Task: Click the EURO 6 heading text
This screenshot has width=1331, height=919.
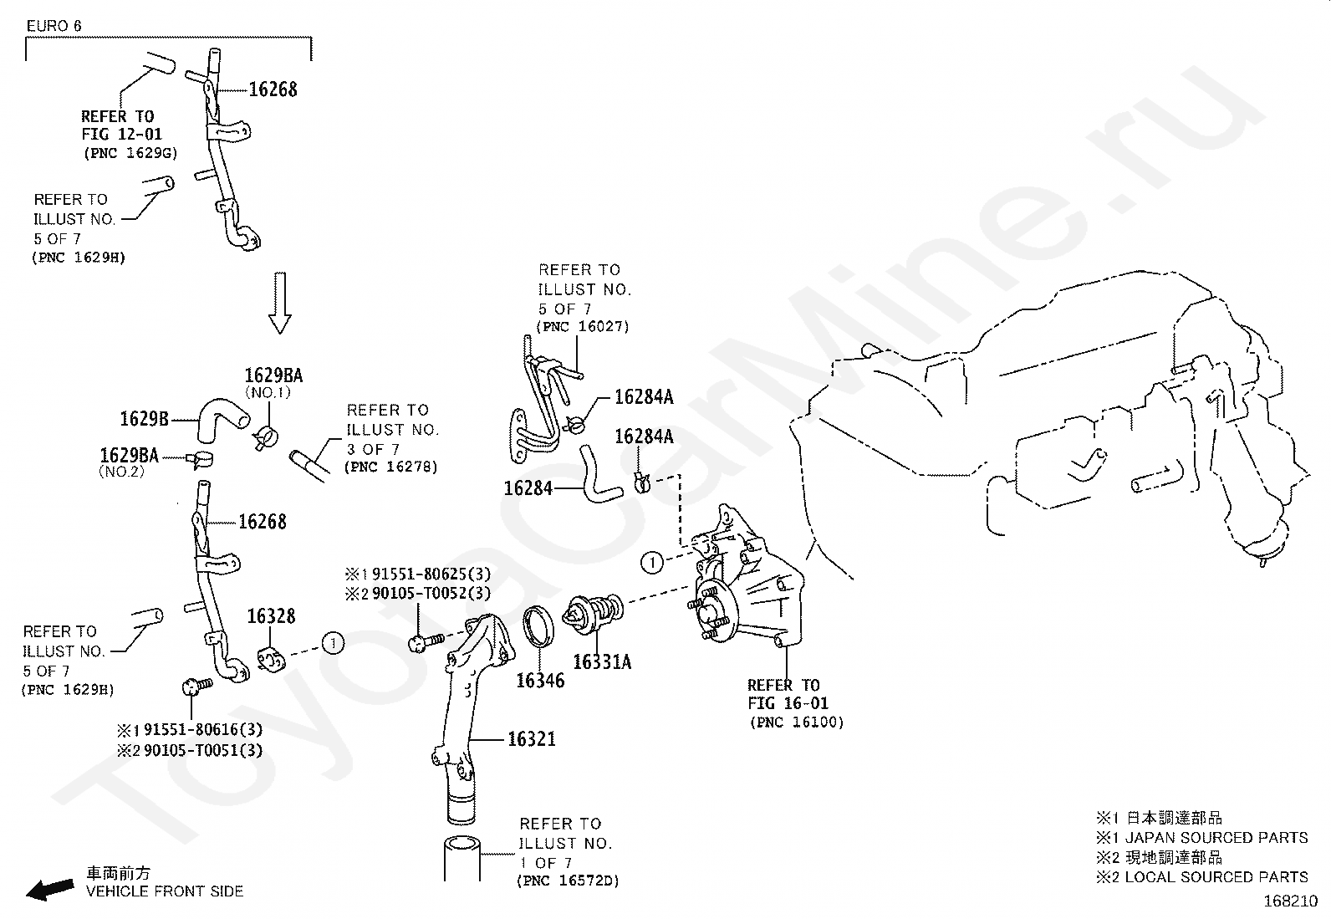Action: pyautogui.click(x=54, y=26)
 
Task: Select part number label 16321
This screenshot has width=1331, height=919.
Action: pyautogui.click(x=532, y=739)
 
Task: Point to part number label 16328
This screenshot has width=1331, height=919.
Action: pyautogui.click(x=271, y=615)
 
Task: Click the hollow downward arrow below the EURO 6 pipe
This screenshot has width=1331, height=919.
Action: pyautogui.click(x=280, y=303)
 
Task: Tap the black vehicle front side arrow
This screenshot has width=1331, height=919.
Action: pyautogui.click(x=50, y=889)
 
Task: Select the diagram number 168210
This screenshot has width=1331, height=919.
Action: pyautogui.click(x=1291, y=901)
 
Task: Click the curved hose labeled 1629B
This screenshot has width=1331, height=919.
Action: pyautogui.click(x=221, y=420)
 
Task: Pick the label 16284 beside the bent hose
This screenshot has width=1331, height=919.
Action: pyautogui.click(x=528, y=488)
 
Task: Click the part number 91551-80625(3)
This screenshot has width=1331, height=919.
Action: pyautogui.click(x=431, y=574)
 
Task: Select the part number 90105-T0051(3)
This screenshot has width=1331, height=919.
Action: pyautogui.click(x=203, y=750)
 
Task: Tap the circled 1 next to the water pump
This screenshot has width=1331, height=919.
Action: pyautogui.click(x=652, y=562)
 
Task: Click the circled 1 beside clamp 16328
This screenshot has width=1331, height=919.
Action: pyautogui.click(x=333, y=643)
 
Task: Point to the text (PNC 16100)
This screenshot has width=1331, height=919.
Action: pyautogui.click(x=797, y=722)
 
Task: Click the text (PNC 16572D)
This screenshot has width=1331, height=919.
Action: pyautogui.click(x=568, y=881)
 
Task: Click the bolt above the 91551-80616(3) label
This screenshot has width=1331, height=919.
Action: pyautogui.click(x=196, y=686)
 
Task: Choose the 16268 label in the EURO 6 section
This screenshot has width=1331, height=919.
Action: pyautogui.click(x=273, y=89)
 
